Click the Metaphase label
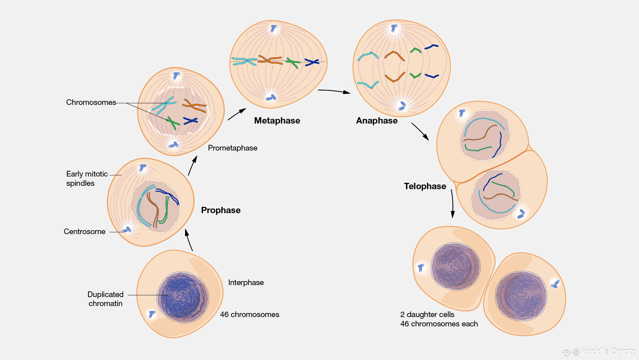[277, 121]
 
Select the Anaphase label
[377, 121]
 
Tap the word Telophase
[425, 186]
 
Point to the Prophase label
[221, 210]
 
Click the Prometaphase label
[233, 148]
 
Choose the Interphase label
[246, 282]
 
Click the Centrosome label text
[85, 231]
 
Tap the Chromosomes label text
[91, 102]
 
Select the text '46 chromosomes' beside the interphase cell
[250, 314]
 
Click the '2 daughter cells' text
[427, 314]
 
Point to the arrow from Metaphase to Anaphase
[334, 91]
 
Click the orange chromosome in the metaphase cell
[270, 60]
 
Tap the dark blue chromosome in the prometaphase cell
[190, 121]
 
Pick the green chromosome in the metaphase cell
[293, 63]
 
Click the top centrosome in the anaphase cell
[394, 28]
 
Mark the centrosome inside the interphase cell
[152, 314]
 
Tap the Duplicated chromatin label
[106, 299]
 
